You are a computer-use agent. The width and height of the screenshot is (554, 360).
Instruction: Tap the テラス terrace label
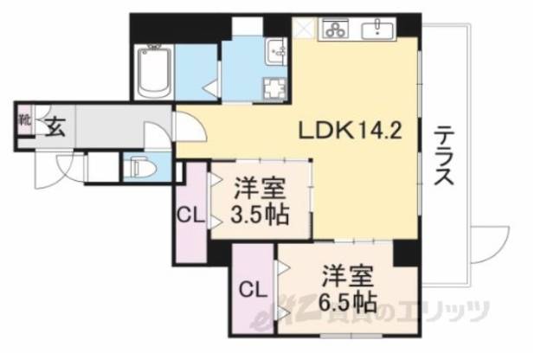pos(443,156)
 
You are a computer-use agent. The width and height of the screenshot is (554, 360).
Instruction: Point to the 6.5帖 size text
pos(347,303)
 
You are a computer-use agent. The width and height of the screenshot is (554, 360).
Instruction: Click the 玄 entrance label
pos(55,127)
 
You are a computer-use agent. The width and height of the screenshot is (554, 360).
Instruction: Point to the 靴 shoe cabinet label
pos(24,121)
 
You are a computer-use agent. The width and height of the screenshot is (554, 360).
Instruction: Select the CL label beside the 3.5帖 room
pos(190,215)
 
